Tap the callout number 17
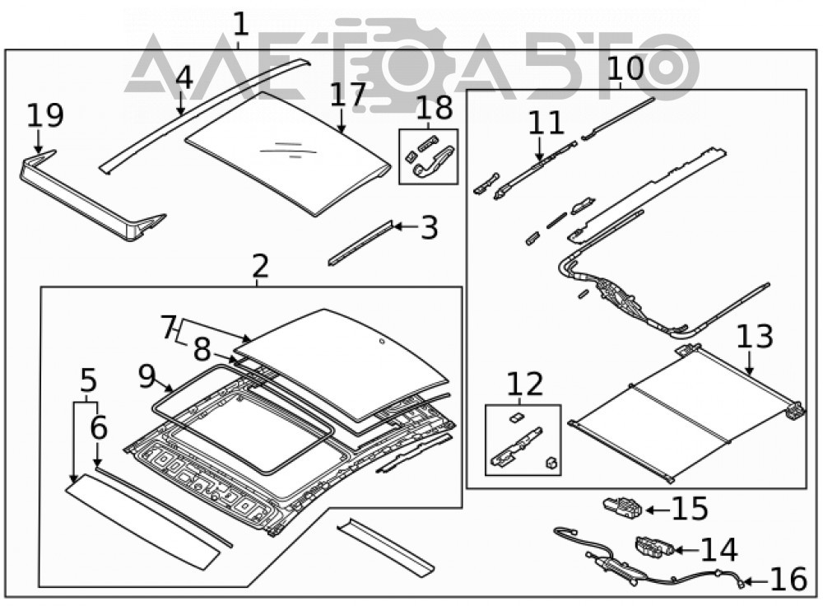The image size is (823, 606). [x=347, y=95]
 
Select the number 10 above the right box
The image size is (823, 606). [x=625, y=68]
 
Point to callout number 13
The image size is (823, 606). [x=755, y=337]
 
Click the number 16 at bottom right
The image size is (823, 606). [x=788, y=579]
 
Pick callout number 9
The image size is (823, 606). [x=147, y=376]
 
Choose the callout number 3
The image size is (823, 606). [x=430, y=228]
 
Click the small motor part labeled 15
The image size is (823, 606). [x=622, y=506]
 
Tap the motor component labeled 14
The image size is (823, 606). [x=654, y=546]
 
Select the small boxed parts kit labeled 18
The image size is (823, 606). [x=428, y=156]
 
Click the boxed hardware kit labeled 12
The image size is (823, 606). [x=523, y=440]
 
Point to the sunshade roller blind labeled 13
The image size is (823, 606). [x=686, y=413]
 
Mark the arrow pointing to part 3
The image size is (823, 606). [x=407, y=227]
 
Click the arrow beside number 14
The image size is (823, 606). [x=686, y=550]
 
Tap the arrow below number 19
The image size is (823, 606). [x=38, y=142]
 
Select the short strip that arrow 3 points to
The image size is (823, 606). [x=361, y=243]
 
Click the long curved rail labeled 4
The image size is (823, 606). [x=205, y=115]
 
